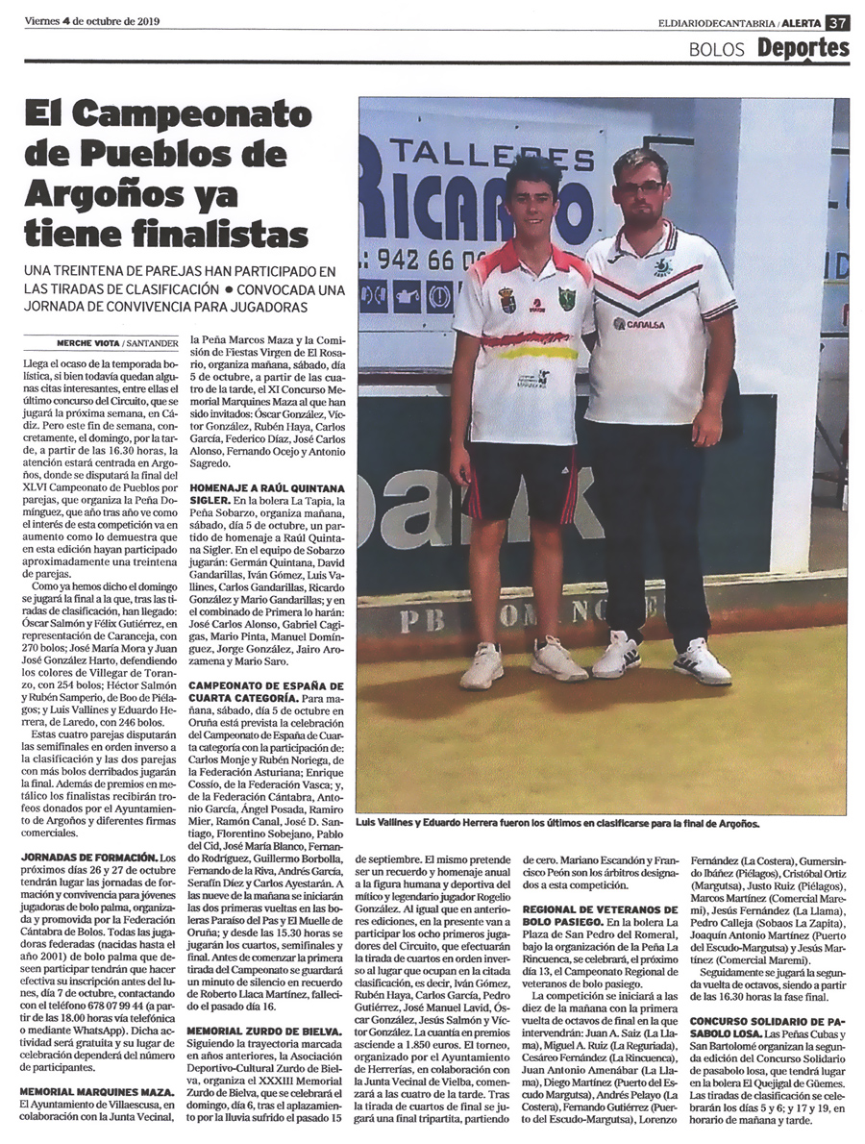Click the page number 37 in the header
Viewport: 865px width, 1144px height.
(837, 20)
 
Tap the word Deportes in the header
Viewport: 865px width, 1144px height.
(802, 47)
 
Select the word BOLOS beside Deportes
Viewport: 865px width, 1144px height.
(716, 49)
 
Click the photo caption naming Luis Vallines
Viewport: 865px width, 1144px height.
(557, 824)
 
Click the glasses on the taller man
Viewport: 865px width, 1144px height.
(641, 187)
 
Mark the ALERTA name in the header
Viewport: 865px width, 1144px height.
(799, 20)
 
